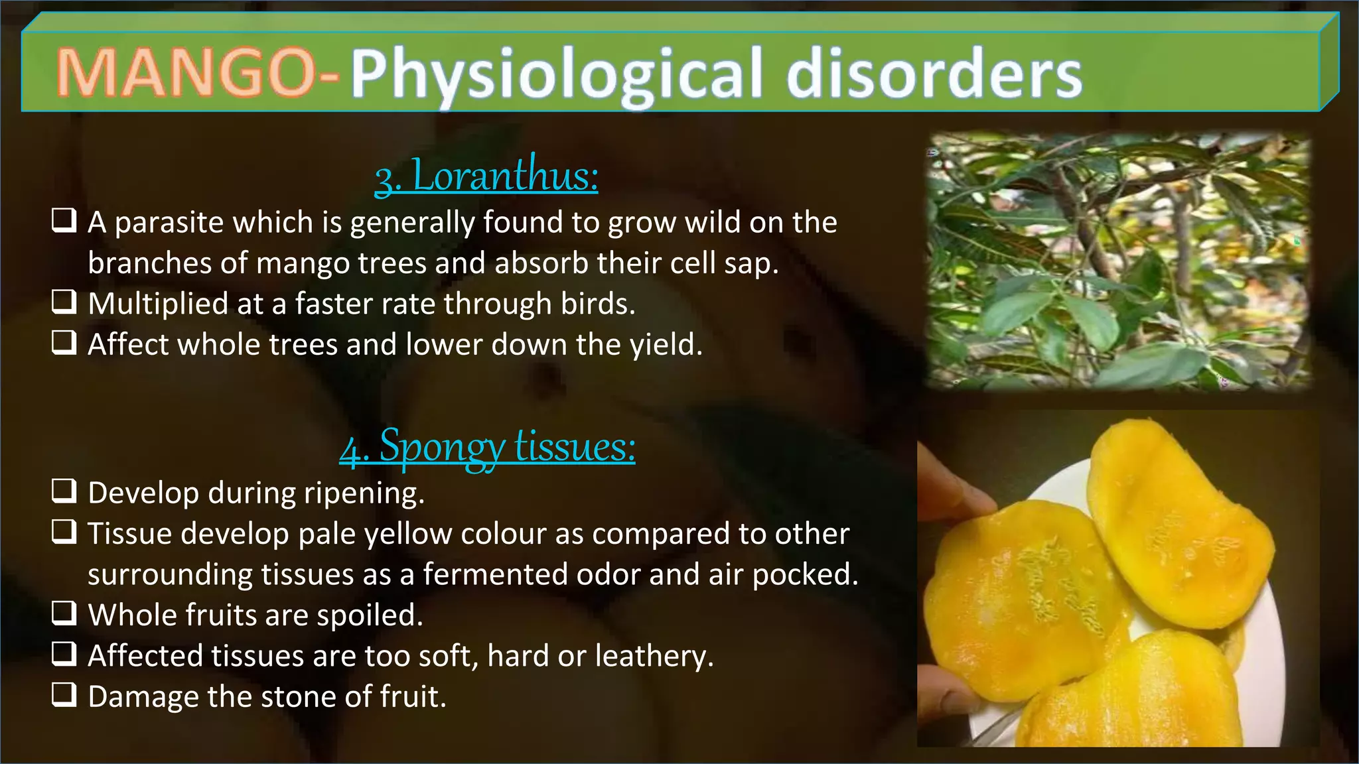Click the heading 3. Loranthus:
[486, 176]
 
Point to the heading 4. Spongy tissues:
[487, 446]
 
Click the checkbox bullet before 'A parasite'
[64, 221]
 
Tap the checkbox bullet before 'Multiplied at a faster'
[64, 302]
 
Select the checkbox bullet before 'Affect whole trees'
[64, 343]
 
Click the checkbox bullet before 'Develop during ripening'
[64, 491]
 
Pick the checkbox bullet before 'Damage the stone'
[64, 695]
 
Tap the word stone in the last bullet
[299, 696]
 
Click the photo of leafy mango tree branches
[1119, 261]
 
